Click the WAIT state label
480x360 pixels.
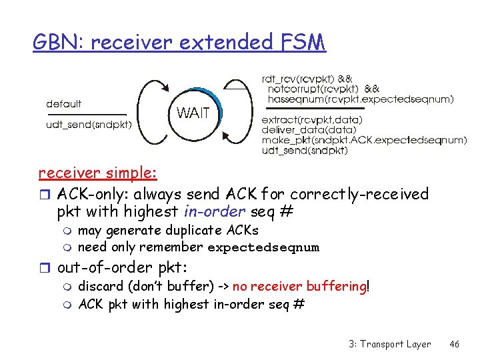(193, 113)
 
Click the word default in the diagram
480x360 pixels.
(64, 104)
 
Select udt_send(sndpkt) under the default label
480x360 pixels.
(89, 124)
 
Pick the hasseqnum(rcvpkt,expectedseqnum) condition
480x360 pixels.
(360, 99)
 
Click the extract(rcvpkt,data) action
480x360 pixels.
(312, 119)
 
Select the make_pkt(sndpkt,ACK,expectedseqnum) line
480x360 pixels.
(363, 140)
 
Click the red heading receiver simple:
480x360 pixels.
(97, 173)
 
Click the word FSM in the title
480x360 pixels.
(299, 43)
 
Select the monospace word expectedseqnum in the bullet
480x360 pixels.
(263, 248)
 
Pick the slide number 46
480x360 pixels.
(455, 344)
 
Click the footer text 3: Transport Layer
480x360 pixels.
(389, 344)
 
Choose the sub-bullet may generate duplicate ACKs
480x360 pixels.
(168, 231)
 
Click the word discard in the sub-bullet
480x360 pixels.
(101, 287)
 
